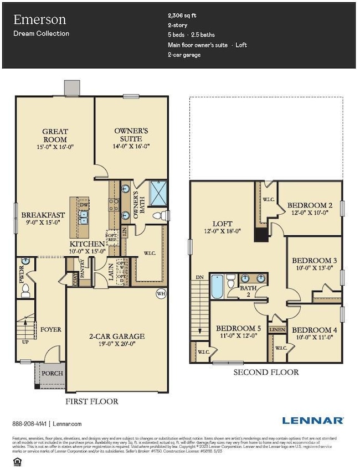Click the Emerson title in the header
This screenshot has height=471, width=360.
coord(39,20)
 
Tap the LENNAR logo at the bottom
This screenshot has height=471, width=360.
coord(312,421)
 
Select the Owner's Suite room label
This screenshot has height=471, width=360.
coord(128,134)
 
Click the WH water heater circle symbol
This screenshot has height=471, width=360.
coord(161,293)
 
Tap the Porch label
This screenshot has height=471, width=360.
coord(53,373)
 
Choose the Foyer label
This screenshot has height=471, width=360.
coord(50,329)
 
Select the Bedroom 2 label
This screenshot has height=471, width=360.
coord(309,205)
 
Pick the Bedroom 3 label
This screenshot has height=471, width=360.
coord(314,260)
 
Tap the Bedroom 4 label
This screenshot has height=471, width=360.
coord(314,330)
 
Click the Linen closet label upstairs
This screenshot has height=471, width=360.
coord(277,330)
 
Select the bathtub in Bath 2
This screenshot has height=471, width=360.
coord(217,287)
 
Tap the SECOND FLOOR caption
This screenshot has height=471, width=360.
coord(266,372)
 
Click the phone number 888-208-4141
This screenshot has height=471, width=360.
coord(29,424)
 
